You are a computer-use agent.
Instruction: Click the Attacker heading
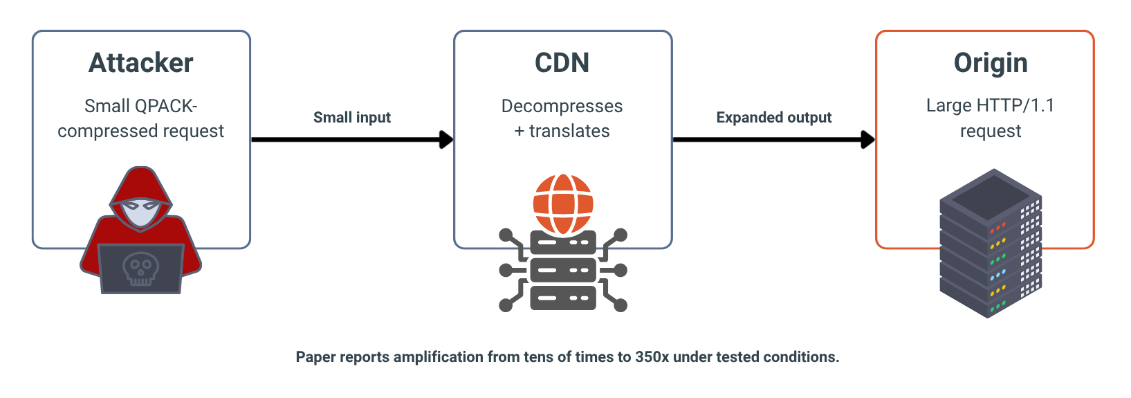click(x=141, y=63)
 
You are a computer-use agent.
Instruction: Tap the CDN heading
click(x=562, y=63)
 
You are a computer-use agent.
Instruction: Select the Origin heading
click(x=991, y=64)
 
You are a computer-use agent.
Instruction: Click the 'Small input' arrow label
click(x=352, y=117)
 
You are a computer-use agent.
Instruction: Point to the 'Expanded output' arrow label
click(x=773, y=117)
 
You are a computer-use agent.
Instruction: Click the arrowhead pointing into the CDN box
click(x=446, y=139)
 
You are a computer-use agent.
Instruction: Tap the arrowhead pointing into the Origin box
click(x=868, y=139)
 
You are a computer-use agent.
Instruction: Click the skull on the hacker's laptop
click(x=141, y=269)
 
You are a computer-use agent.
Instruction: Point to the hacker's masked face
click(x=141, y=212)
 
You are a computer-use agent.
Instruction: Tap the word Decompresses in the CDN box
click(x=562, y=106)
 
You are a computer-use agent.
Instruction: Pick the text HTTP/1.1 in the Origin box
click(x=1015, y=106)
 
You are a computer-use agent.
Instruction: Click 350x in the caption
click(x=652, y=357)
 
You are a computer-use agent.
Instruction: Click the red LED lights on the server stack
click(x=997, y=227)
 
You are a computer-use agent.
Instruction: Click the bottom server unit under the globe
click(x=563, y=298)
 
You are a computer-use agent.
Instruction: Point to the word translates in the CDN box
click(x=569, y=132)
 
